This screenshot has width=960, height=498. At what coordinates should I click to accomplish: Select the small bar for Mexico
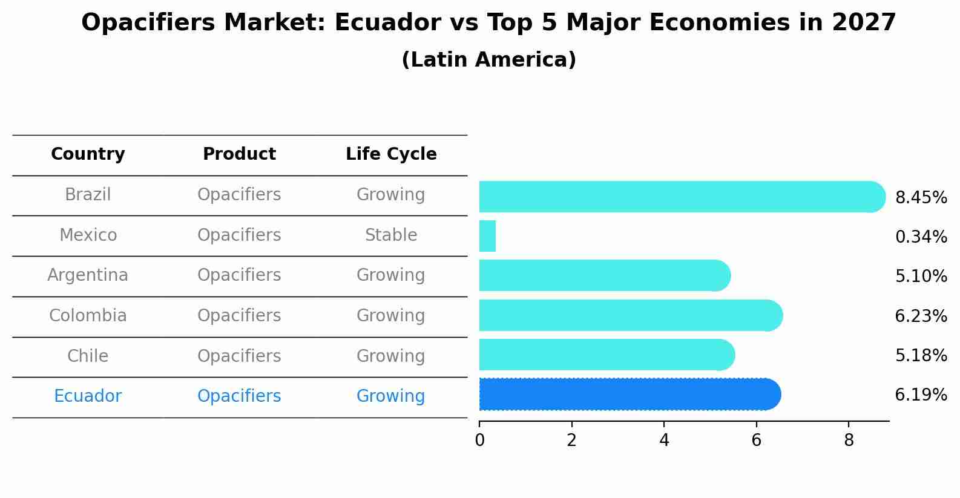pyautogui.click(x=487, y=236)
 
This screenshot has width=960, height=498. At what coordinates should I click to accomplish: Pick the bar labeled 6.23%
pyautogui.click(x=630, y=315)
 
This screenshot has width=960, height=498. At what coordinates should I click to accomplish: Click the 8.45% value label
pyautogui.click(x=921, y=198)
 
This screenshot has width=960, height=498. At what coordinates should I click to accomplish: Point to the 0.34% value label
pyautogui.click(x=921, y=237)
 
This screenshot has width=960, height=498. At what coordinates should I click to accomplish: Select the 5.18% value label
pyautogui.click(x=921, y=356)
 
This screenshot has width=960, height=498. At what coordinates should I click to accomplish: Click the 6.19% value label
pyautogui.click(x=921, y=395)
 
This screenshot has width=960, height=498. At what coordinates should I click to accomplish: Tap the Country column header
pyautogui.click(x=88, y=154)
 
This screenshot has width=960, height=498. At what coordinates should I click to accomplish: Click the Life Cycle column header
pyautogui.click(x=391, y=154)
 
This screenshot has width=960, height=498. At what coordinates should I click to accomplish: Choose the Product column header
pyautogui.click(x=239, y=154)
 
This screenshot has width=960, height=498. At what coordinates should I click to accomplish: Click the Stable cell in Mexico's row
pyautogui.click(x=391, y=235)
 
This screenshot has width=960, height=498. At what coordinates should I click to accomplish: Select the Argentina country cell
pyautogui.click(x=88, y=275)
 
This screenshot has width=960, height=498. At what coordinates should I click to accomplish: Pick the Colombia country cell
pyautogui.click(x=88, y=316)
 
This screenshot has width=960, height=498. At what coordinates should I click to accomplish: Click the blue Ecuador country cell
pyautogui.click(x=88, y=396)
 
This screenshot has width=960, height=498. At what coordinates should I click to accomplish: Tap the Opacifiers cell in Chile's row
pyautogui.click(x=239, y=356)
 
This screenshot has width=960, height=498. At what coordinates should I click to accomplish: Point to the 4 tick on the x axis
pyautogui.click(x=664, y=441)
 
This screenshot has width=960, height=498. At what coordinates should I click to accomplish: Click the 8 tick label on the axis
pyautogui.click(x=849, y=441)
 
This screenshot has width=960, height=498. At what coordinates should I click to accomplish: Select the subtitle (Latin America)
pyautogui.click(x=488, y=60)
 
